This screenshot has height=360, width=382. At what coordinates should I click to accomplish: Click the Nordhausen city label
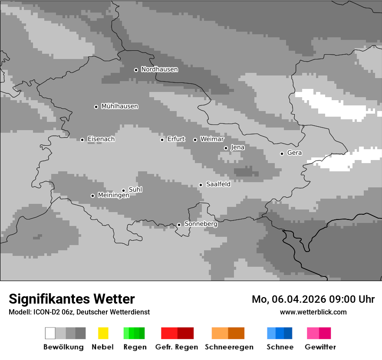(x=159, y=69)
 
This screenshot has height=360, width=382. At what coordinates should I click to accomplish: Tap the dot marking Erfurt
(x=162, y=140)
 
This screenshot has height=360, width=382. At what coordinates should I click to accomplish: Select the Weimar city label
(x=212, y=139)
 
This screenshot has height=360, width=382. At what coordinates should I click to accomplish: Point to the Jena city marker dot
(x=226, y=148)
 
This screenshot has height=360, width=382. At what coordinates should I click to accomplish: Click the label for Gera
(x=294, y=153)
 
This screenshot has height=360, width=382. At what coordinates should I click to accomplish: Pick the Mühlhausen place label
(x=119, y=106)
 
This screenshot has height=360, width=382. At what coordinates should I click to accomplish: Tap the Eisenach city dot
(x=82, y=140)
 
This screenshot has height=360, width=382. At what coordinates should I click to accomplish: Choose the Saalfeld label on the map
(x=218, y=184)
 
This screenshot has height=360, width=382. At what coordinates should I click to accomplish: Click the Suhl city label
(x=135, y=190)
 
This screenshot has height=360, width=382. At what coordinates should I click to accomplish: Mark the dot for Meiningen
(x=92, y=196)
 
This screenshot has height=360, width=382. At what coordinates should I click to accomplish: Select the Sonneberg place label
(x=201, y=224)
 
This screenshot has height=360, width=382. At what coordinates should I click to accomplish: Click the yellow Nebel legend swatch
(x=103, y=333)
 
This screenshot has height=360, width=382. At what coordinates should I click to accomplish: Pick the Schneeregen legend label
(x=229, y=347)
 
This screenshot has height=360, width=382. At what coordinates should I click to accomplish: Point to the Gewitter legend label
(x=320, y=347)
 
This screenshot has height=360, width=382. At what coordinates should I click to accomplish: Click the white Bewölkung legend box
(x=50, y=333)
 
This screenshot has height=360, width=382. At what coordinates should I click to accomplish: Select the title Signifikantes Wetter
(x=72, y=299)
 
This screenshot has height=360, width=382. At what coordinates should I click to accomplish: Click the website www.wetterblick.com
(x=313, y=312)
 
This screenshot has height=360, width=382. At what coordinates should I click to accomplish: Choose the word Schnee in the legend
(x=280, y=347)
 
